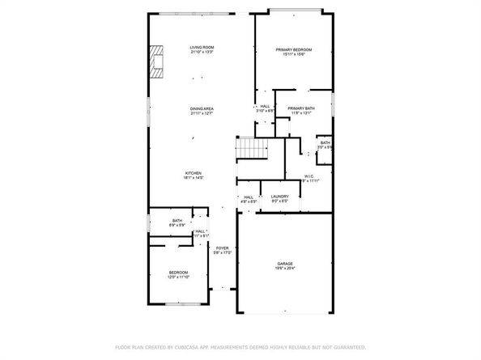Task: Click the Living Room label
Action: pos(202,49)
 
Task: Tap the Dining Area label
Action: pos(202,108)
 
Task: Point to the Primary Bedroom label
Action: pos(293,49)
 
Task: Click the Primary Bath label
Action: pos(300,108)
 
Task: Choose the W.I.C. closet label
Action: pos(309,176)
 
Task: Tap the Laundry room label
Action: pos(280,197)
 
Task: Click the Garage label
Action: pos(284,263)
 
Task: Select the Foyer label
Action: pos(222,249)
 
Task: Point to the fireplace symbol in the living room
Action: pos(155,61)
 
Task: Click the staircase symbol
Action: pos(252,150)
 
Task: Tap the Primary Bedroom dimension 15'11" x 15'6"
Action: pos(293,55)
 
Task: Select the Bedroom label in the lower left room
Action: pos(178,272)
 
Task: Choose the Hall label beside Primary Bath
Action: pos(265,107)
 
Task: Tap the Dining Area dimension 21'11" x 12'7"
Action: pos(202,113)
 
